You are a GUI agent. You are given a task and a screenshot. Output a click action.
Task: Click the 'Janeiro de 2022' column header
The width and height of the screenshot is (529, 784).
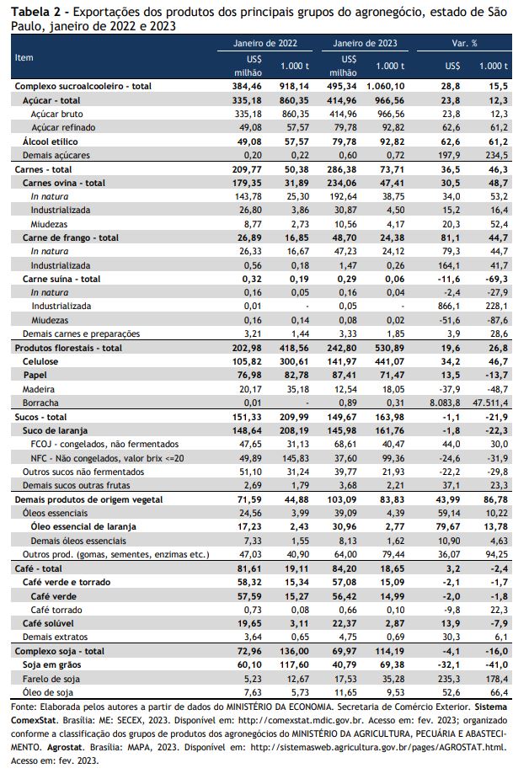pos(265,43)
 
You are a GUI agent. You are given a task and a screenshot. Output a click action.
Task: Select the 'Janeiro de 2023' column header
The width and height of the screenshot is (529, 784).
pos(365,43)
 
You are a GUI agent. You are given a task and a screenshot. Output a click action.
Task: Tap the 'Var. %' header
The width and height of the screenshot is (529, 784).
pos(464,43)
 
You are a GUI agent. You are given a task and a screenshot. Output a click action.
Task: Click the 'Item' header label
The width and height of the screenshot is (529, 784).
pos(24,57)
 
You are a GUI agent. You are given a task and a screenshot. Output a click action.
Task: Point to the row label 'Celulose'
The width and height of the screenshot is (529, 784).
pos(40,361)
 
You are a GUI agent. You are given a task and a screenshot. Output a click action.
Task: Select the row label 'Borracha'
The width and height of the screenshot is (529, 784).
pos(40,403)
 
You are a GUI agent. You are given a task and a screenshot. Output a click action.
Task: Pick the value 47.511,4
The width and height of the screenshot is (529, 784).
pos(490,403)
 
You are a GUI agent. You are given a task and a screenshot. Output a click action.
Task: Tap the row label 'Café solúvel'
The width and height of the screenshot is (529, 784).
pos(48,623)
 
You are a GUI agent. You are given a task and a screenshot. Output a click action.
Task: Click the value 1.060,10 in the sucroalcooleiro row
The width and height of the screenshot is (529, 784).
pos(386,86)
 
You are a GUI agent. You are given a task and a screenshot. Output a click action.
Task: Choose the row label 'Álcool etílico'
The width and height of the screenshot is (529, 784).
pos(50,141)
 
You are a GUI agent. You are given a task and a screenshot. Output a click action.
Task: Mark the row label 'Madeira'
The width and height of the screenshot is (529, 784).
pos(39,389)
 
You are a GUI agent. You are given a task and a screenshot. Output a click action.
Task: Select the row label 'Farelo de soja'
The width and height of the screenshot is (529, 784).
pos(51,679)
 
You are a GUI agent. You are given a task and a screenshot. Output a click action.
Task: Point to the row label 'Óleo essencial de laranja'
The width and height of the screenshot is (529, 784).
pos(83,526)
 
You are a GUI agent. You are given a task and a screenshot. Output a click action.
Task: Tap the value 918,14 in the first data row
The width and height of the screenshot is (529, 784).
pos(295,86)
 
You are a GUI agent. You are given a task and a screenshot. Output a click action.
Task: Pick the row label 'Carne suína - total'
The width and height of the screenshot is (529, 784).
pos(61,279)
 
